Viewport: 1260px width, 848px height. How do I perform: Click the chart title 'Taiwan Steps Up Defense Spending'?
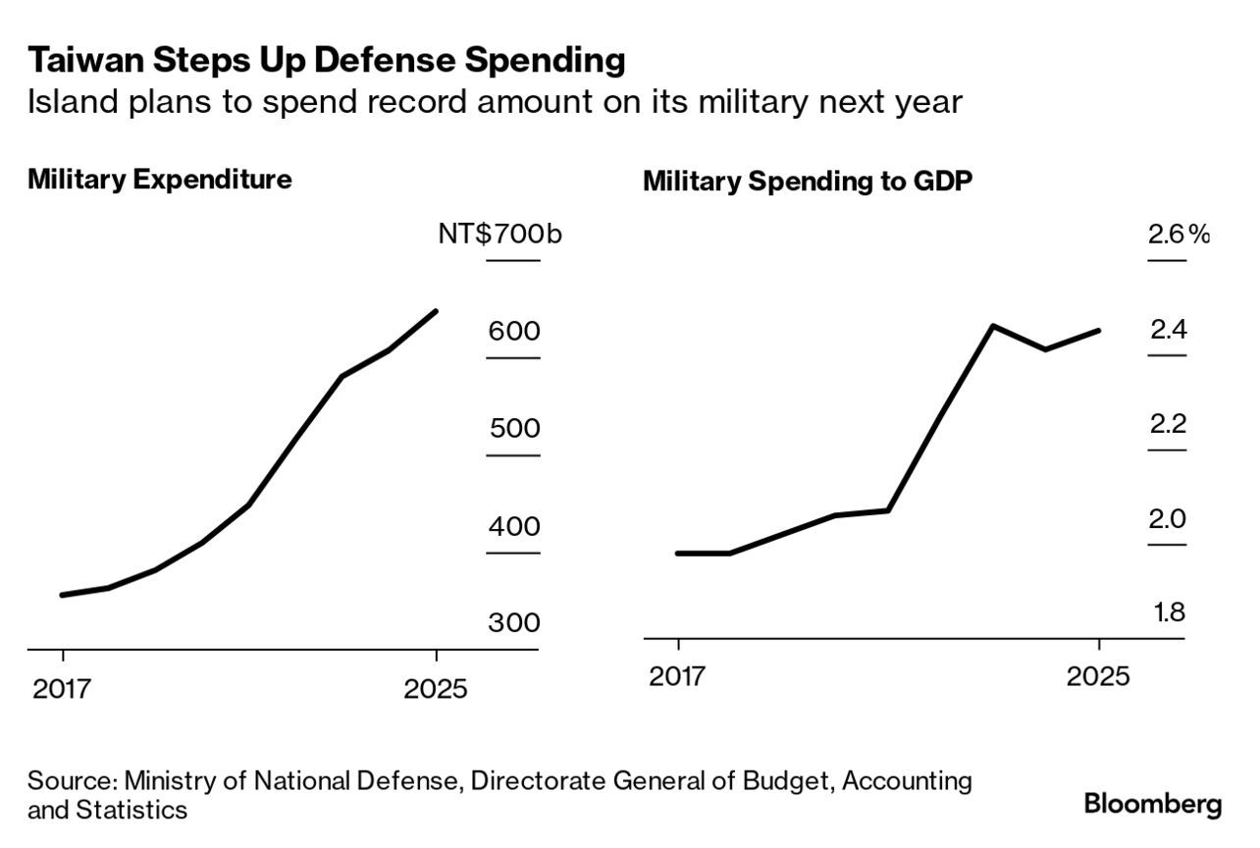(x=326, y=61)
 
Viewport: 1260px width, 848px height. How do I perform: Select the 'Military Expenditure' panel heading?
(x=160, y=181)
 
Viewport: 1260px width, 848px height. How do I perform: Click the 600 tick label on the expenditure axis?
(x=514, y=332)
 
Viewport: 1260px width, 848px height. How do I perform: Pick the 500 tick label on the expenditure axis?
(x=514, y=430)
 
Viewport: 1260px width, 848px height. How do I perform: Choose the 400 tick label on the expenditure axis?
(x=514, y=527)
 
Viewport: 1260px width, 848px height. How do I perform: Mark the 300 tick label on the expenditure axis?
(x=514, y=624)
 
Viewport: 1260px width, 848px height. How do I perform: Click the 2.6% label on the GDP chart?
(x=1179, y=235)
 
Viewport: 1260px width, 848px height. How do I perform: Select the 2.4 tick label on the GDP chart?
(x=1169, y=330)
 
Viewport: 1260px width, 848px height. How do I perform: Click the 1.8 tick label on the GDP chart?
(x=1169, y=613)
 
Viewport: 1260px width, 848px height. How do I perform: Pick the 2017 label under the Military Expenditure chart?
(x=63, y=689)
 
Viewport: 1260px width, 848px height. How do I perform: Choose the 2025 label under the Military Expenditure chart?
(x=436, y=689)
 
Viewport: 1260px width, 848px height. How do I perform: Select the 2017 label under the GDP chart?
(x=678, y=677)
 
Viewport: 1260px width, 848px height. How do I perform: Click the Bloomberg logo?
(x=1153, y=805)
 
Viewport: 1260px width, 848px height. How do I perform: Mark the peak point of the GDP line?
(x=994, y=326)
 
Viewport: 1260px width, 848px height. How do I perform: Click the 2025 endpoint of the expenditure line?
(x=436, y=311)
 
